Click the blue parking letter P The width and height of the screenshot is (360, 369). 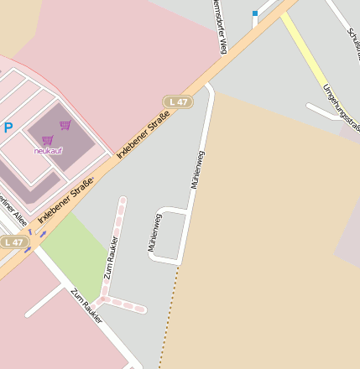(x=8, y=128)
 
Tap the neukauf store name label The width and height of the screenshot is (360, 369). (x=48, y=151)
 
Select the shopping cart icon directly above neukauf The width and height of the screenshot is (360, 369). (x=47, y=140)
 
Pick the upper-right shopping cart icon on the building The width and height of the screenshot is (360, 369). (x=65, y=125)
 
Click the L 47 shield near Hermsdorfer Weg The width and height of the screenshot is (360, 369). (x=177, y=101)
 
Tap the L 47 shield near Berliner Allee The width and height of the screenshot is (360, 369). (x=13, y=242)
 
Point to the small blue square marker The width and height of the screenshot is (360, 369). (x=255, y=13)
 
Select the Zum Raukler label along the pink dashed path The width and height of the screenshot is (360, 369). (x=111, y=257)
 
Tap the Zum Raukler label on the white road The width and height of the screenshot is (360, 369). (x=86, y=306)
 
